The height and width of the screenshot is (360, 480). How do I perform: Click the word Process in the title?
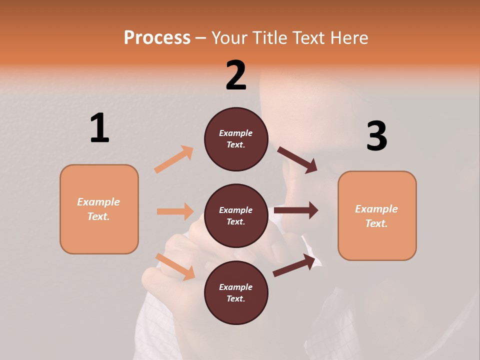pos(157,38)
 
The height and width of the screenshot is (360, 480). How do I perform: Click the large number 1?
pos(99,128)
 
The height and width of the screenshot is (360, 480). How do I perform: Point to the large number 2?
pos(236,75)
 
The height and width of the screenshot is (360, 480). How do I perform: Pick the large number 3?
pos(376,136)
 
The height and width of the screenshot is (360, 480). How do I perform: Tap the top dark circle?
pos(236,139)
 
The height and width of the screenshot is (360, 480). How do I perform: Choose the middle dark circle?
pos(236,215)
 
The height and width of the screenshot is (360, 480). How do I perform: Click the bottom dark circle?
pos(236,292)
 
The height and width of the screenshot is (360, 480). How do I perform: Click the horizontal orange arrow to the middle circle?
pos(175,211)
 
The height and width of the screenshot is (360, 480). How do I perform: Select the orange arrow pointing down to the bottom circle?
pos(175,266)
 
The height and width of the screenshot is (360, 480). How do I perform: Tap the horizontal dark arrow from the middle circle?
pos(296,210)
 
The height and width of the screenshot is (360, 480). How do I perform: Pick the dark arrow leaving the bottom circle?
pos(294,265)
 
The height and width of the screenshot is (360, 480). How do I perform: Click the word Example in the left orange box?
pos(98,202)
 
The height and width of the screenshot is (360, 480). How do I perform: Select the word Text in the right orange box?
pos(375,223)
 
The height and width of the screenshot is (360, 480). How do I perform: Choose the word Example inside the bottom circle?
pos(236,287)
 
